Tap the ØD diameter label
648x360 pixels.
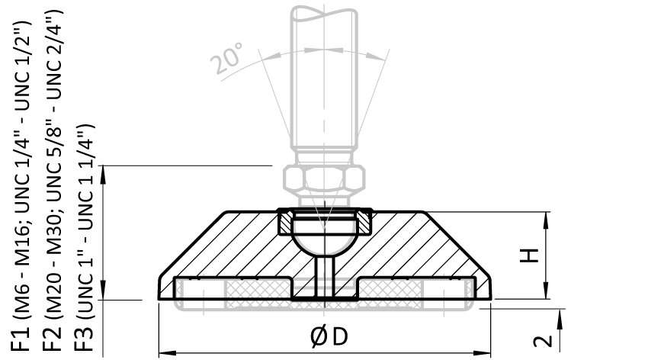pos(329,336)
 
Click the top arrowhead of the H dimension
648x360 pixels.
pos(547,217)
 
